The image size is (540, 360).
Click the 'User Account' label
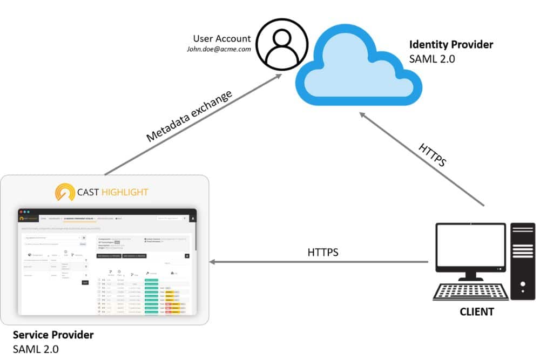[x=222, y=38]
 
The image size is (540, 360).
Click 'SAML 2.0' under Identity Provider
[x=432, y=58]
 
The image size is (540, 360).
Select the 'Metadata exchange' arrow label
[x=190, y=116]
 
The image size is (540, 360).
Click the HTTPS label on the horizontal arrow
[x=323, y=252]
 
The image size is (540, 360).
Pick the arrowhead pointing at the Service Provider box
[x=213, y=262]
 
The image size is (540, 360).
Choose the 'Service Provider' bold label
[x=53, y=335]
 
